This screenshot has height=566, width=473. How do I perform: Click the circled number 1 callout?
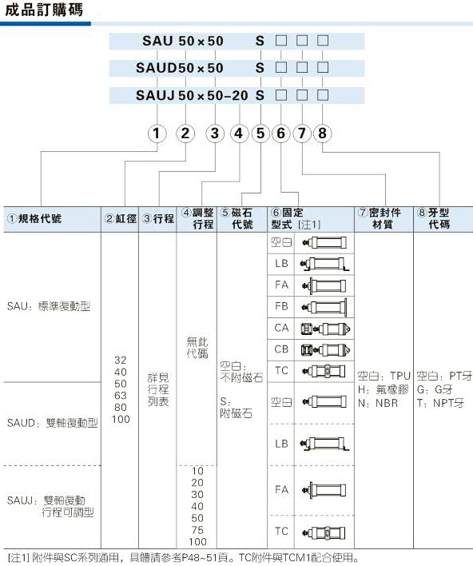point(157,134)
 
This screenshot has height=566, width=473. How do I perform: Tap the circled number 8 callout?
point(322,134)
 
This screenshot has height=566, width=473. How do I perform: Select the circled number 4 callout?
point(238,134)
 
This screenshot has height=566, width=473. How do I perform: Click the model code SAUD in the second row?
point(157,68)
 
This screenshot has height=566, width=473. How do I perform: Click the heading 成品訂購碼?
point(44,10)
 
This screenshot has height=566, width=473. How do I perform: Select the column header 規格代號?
point(34,218)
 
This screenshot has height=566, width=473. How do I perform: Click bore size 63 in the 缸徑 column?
point(121,396)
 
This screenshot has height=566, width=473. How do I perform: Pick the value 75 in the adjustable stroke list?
point(197,530)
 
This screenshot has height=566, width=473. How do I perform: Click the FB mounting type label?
point(281,306)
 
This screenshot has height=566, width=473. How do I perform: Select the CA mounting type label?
point(281,328)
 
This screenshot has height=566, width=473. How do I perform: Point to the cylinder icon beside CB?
point(326,349)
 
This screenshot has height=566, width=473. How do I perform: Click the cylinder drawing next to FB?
point(325,307)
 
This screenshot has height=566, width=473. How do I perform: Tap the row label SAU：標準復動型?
point(49,306)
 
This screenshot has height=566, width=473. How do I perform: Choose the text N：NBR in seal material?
point(378,403)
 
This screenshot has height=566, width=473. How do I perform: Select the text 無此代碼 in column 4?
point(197,347)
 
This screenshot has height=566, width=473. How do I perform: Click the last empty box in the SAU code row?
point(323,41)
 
